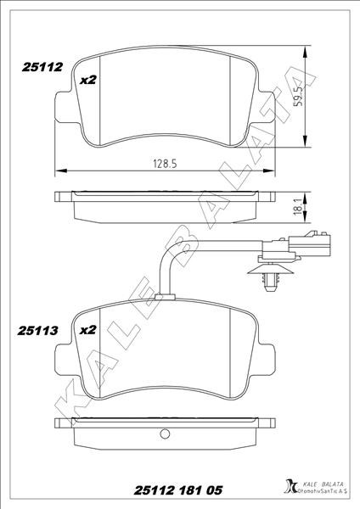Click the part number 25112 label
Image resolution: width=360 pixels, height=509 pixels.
coord(42,67)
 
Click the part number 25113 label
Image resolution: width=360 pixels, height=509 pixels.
coord(37,331)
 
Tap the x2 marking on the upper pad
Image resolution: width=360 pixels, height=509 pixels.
coord(88,80)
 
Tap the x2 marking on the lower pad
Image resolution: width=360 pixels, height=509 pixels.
coord(88,330)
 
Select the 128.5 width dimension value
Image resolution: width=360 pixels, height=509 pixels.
coord(165,164)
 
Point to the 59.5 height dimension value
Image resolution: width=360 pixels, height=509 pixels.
coord(298,95)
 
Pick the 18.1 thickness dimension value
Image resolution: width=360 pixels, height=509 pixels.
coord(298,205)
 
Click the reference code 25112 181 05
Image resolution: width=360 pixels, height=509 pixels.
coord(178,490)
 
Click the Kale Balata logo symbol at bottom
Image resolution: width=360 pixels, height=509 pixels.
coord(290,487)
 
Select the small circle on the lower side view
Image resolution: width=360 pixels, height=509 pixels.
coord(165,433)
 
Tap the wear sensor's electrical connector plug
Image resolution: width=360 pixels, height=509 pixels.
coord(309,243)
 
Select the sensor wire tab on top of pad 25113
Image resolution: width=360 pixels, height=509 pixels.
coord(165,296)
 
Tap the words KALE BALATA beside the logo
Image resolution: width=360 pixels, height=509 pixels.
coord(323,484)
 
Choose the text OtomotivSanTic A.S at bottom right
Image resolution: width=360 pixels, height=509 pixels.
coord(323,491)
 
